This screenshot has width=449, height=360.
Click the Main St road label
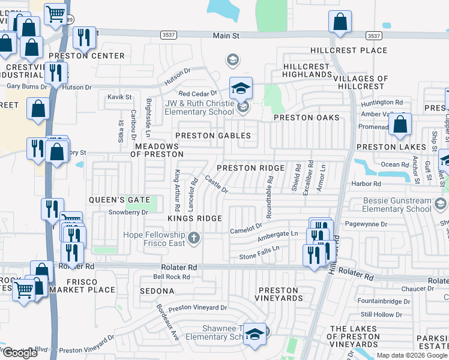(226, 36)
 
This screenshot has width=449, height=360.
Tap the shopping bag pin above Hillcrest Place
(340, 22)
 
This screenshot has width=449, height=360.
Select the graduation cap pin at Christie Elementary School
(241, 89)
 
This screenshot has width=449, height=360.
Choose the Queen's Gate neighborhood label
(114, 199)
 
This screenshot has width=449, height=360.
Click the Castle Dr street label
(216, 184)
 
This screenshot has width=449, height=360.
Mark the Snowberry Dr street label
(128, 212)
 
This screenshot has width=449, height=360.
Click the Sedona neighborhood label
(155, 291)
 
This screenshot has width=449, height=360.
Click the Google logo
(20, 353)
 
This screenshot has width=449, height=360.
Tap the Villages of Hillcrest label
(361, 82)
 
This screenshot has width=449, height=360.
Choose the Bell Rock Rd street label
(171, 277)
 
